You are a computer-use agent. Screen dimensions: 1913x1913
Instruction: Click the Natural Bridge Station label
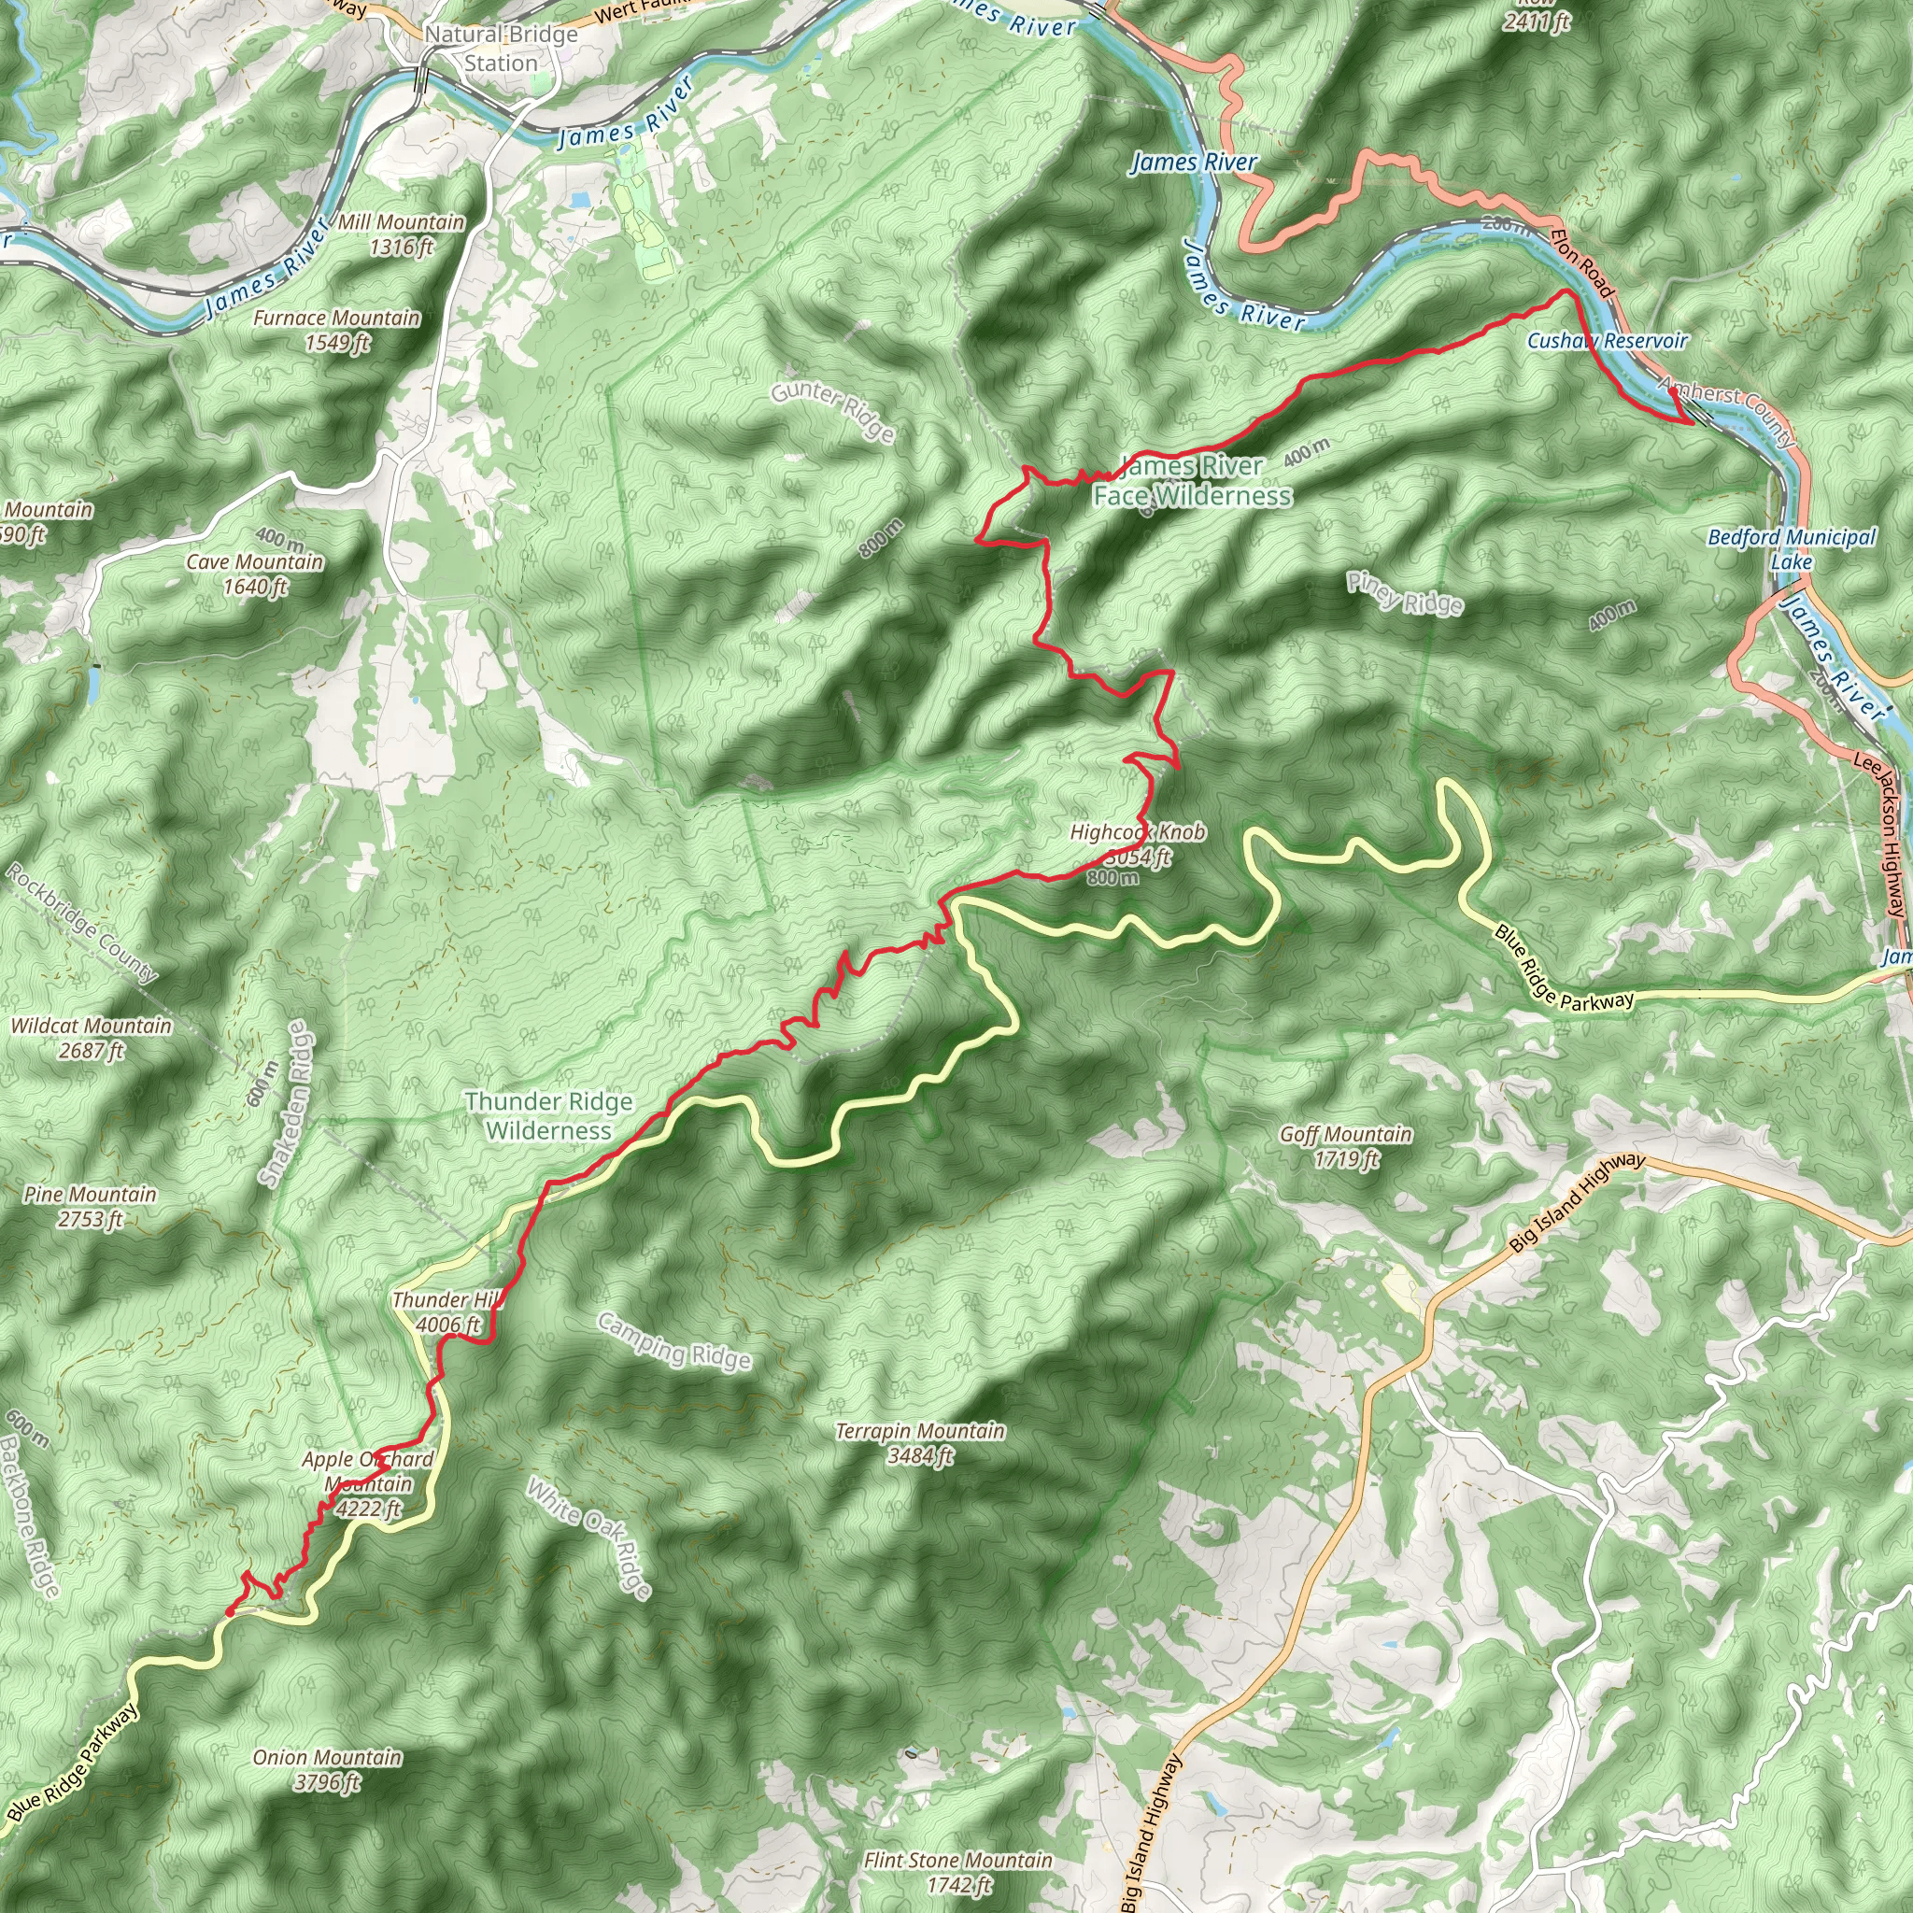click(x=501, y=49)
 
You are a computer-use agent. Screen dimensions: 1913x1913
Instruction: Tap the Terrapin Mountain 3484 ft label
click(x=920, y=1442)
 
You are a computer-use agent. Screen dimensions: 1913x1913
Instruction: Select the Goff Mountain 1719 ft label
click(x=1346, y=1145)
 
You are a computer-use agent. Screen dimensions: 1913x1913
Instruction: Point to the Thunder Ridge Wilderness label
click(x=548, y=1116)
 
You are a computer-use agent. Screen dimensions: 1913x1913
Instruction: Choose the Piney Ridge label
click(x=1404, y=593)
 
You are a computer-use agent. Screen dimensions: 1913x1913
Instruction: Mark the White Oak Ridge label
click(x=589, y=1538)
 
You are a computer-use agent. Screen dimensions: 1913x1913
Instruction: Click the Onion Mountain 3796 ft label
click(x=327, y=1769)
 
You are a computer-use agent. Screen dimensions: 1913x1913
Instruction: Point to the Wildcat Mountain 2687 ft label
click(x=92, y=1038)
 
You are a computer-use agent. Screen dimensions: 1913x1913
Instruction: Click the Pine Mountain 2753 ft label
click(x=90, y=1206)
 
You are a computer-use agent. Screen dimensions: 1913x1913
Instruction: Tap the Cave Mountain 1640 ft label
click(x=255, y=574)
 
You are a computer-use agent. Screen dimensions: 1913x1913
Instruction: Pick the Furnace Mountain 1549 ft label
click(x=336, y=330)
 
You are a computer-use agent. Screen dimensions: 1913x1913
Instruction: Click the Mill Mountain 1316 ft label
click(x=401, y=234)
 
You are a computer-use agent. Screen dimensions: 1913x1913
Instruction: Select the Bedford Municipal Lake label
click(x=1792, y=548)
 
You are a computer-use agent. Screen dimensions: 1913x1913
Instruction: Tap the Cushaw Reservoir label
click(x=1606, y=341)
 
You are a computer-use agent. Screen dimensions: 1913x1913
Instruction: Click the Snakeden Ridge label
click(x=285, y=1105)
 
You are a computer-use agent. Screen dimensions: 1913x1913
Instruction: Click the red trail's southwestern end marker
click(x=230, y=1612)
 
